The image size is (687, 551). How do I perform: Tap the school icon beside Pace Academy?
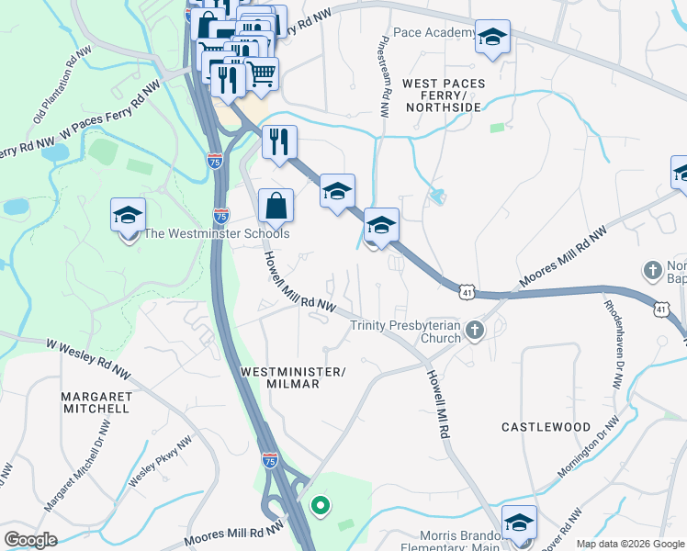tap(493, 38)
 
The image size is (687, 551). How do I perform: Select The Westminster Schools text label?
tap(217, 234)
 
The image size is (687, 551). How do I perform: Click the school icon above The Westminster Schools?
tap(129, 216)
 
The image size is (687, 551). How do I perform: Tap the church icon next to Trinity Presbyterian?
tap(474, 330)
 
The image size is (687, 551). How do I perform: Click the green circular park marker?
tap(320, 504)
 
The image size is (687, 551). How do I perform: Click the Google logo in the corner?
tap(30, 540)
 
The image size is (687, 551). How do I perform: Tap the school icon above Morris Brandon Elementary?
tap(519, 523)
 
